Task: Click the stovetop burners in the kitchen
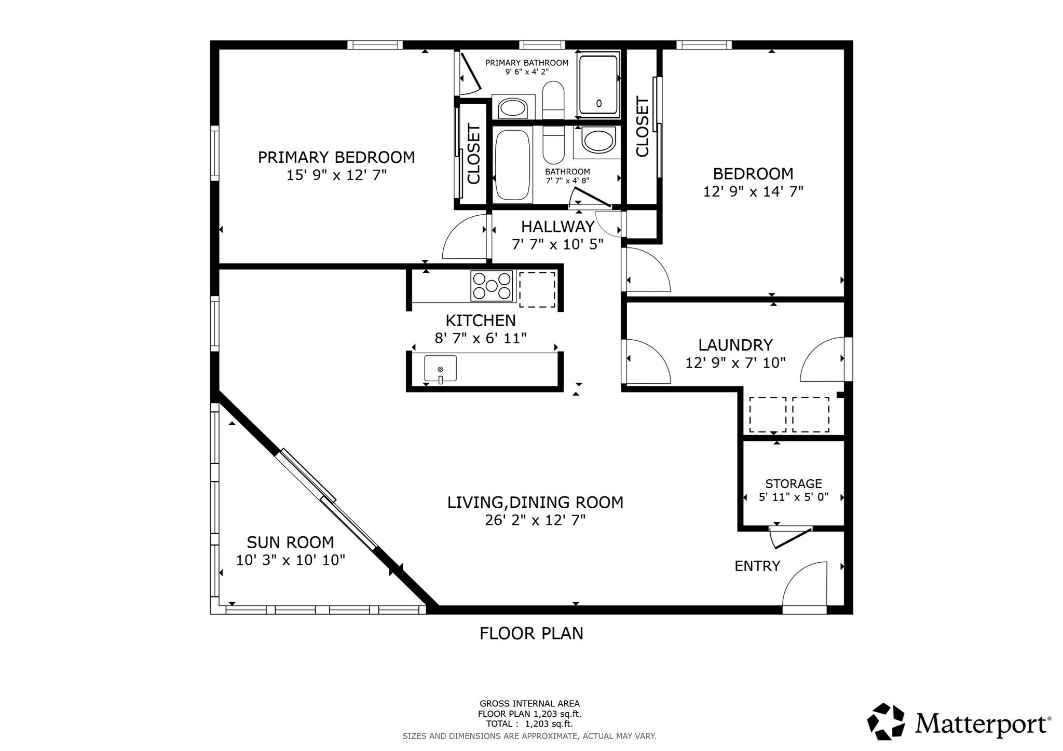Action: [x=492, y=286]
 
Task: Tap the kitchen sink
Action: [x=440, y=369]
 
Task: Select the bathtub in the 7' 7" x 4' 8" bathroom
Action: [x=512, y=165]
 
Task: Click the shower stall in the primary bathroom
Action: [x=598, y=85]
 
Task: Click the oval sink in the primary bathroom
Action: [x=512, y=108]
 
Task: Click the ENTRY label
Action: [x=757, y=566]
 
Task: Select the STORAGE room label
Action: [x=793, y=484]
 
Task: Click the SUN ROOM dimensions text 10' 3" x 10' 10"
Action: [x=290, y=560]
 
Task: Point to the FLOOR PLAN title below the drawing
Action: [x=531, y=633]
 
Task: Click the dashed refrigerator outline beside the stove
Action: [x=537, y=289]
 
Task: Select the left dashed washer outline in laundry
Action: [x=767, y=414]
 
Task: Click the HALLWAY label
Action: [x=557, y=227]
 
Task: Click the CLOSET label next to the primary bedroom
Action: [x=473, y=154]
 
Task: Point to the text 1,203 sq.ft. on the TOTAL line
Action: [x=549, y=724]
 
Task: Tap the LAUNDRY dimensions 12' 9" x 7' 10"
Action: [x=735, y=363]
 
